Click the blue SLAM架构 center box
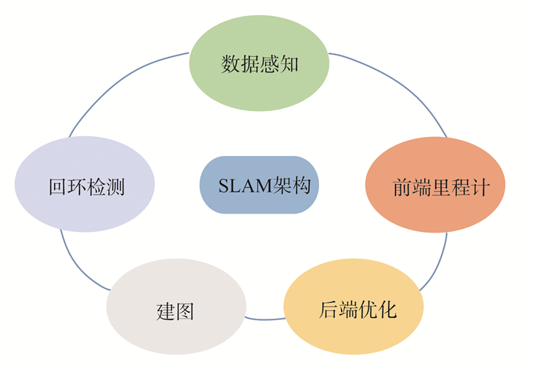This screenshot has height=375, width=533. pyautogui.click(x=259, y=185)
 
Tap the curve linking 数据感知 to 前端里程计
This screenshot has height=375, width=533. pyautogui.click(x=404, y=84)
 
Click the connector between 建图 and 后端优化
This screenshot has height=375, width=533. pyautogui.click(x=265, y=318)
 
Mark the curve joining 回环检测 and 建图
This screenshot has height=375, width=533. pyautogui.click(x=76, y=266)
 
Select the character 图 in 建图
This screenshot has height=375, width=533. pyautogui.click(x=185, y=312)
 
